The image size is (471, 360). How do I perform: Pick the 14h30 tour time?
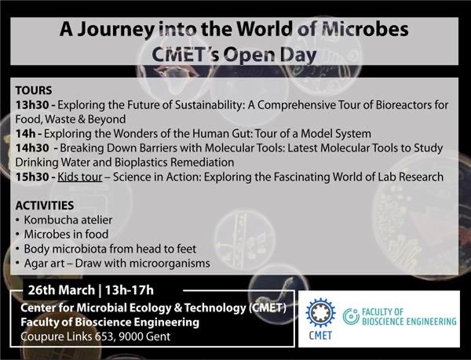click(32, 148)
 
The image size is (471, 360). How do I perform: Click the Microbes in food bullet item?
click(65, 235)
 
